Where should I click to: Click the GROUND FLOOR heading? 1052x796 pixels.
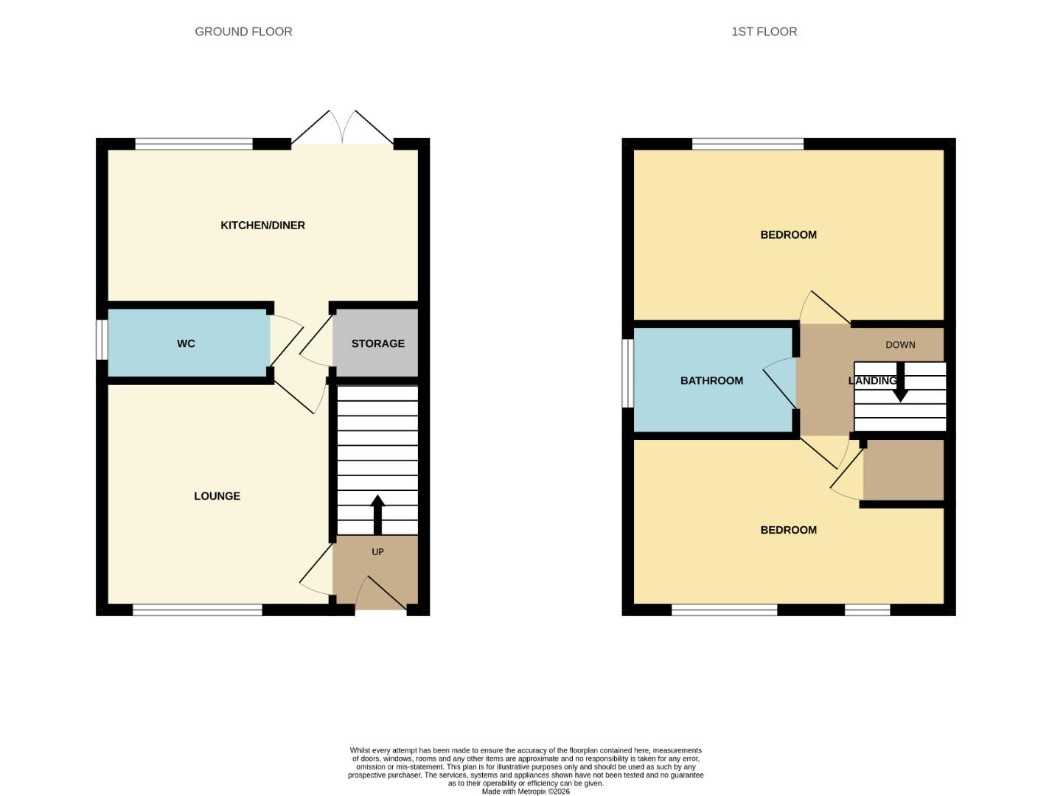[243, 32]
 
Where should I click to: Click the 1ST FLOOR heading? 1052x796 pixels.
[764, 32]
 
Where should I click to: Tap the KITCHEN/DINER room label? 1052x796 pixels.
[262, 226]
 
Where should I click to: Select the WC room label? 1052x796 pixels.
[186, 343]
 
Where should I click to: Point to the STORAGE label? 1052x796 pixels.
[377, 343]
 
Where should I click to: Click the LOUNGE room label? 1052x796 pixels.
[217, 496]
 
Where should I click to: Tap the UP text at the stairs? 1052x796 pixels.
[377, 552]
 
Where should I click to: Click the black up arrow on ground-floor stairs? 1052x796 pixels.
[377, 513]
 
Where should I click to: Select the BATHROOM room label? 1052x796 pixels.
[711, 381]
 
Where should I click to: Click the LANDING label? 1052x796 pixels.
[872, 381]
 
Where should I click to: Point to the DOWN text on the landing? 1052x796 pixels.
[900, 345]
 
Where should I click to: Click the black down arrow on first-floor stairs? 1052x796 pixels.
[900, 383]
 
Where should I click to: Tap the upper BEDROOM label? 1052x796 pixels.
[788, 235]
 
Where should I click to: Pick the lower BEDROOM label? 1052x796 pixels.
[788, 530]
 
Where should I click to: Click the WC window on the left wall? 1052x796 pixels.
[103, 340]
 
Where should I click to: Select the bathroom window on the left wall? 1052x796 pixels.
[628, 373]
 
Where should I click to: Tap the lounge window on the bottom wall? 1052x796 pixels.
[198, 610]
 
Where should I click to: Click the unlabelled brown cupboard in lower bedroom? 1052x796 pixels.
[903, 470]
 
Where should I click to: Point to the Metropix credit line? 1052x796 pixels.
[526, 792]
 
